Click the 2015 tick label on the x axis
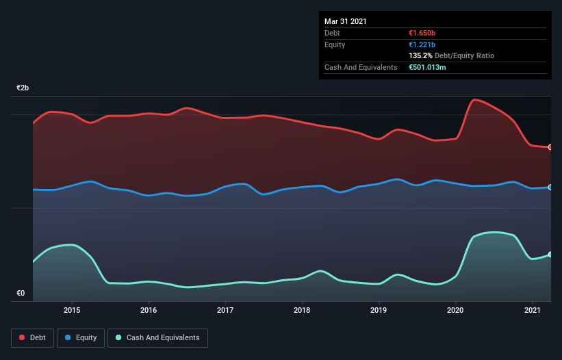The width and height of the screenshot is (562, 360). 72,310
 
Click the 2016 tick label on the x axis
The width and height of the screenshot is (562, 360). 149,310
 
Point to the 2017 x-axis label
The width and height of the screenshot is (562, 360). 225,310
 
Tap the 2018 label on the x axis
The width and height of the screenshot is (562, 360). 302,310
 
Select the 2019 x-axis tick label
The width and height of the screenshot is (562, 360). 379,310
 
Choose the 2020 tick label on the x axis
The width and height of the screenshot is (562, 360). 455,310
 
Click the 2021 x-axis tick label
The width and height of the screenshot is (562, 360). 532,310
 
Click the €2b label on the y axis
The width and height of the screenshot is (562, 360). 23,88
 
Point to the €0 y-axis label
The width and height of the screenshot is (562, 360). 21,294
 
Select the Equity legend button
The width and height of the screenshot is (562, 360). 81,337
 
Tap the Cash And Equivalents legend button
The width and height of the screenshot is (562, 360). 157,337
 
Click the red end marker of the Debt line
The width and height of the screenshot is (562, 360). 550,147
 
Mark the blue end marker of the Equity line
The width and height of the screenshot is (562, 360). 550,187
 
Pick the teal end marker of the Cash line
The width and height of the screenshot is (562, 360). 550,254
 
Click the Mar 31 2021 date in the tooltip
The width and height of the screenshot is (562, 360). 346,21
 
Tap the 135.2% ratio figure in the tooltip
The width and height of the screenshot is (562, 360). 420,55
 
